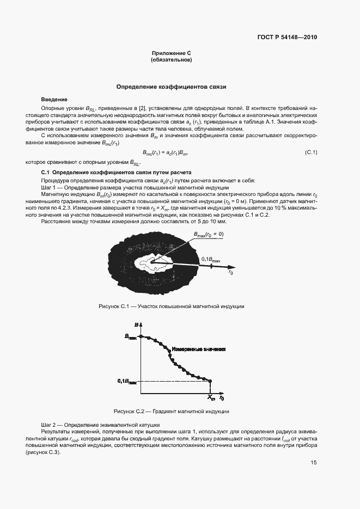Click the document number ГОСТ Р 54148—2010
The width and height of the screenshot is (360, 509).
pos(286,38)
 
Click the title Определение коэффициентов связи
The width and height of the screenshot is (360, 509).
pos(172,87)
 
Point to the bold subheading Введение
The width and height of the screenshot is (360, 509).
pos(54,100)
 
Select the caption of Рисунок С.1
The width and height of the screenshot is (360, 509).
pos(171,306)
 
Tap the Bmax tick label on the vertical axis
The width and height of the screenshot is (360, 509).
pos(130,338)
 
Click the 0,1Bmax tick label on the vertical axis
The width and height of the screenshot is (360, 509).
pos(127,381)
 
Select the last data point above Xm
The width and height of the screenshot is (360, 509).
pos(211,381)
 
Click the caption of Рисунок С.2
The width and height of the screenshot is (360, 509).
pos(171,412)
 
